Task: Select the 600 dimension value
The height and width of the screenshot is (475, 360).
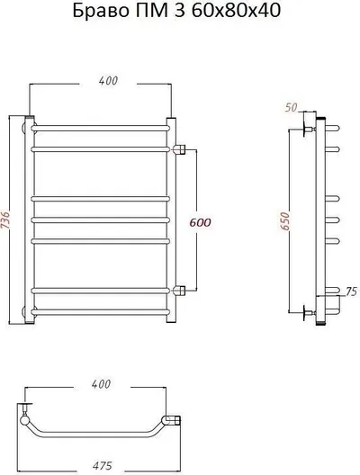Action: pyautogui.click(x=200, y=223)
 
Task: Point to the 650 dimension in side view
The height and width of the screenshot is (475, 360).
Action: pyautogui.click(x=286, y=220)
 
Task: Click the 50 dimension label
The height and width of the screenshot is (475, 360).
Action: pyautogui.click(x=291, y=107)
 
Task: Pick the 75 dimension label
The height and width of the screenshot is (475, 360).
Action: pyautogui.click(x=352, y=291)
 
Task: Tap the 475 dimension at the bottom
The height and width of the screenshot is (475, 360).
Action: pyautogui.click(x=102, y=466)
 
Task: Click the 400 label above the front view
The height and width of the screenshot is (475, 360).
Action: pyautogui.click(x=108, y=81)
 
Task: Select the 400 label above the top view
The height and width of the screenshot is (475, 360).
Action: pyautogui.click(x=101, y=384)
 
